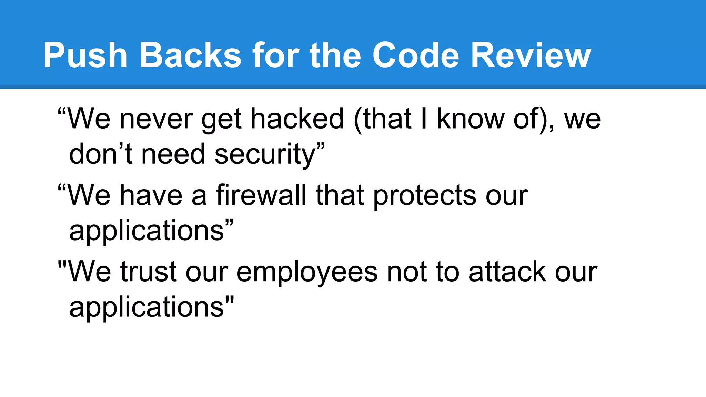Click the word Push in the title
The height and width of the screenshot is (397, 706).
pos(85,55)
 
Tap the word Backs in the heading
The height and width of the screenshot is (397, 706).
pos(190,55)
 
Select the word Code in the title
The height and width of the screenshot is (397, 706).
pos(416,55)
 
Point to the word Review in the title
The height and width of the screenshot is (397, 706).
pos(531,55)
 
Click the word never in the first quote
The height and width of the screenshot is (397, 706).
pos(156,119)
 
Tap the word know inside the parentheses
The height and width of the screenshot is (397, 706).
pos(471,119)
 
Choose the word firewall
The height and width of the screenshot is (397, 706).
pos(261,195)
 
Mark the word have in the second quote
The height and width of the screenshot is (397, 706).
pos(151,195)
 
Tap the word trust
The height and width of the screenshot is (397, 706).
pos(149,272)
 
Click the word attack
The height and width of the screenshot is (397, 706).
pos(507,272)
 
